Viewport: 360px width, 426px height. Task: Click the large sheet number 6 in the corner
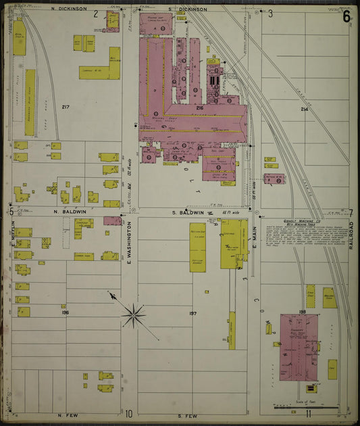[346, 16]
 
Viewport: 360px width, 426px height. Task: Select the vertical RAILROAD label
[352, 233]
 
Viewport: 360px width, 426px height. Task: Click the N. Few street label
[69, 415]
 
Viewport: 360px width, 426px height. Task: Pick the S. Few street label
[186, 415]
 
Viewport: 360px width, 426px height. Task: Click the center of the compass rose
[134, 314]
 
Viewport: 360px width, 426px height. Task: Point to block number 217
[66, 107]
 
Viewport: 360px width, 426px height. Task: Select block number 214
[304, 109]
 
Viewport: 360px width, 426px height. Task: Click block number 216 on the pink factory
[199, 108]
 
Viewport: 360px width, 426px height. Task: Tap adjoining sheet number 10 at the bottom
[128, 413]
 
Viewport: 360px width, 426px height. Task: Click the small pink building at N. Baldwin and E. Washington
[112, 220]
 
